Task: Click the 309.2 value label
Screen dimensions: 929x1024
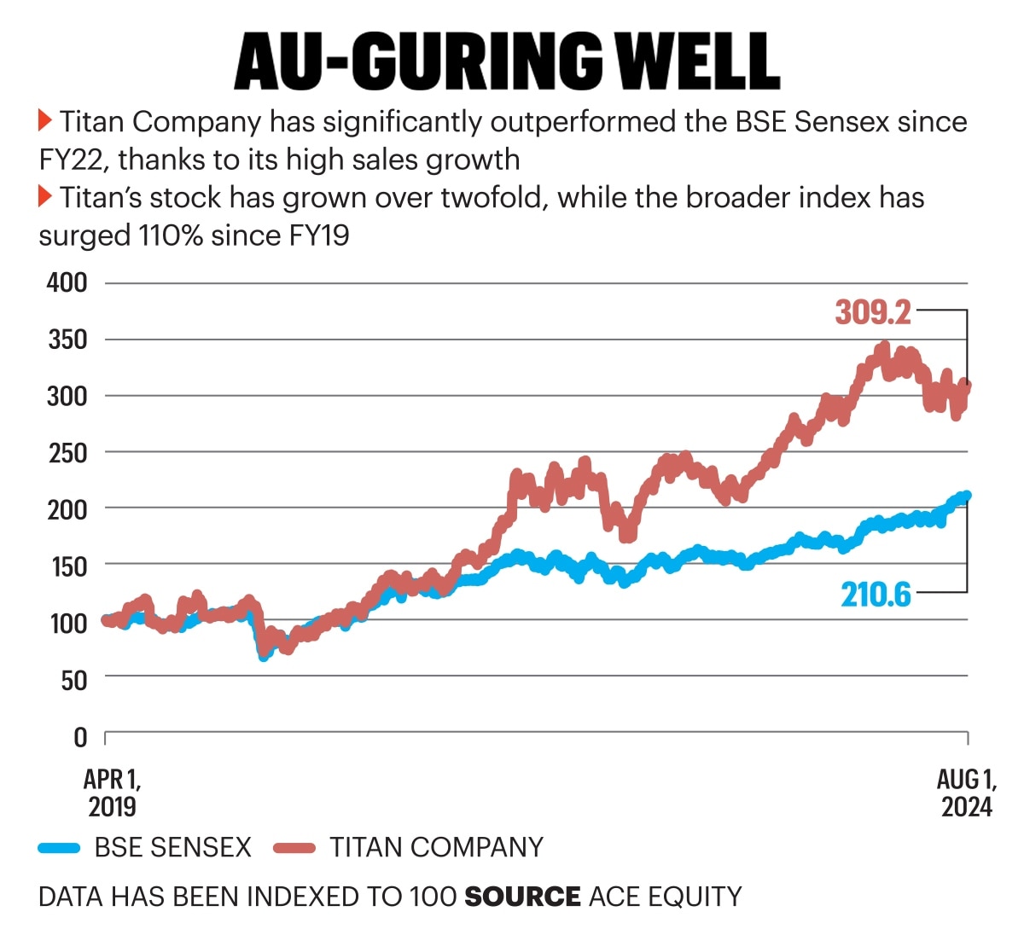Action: pos(873,312)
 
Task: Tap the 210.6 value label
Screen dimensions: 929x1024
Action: pos(876,594)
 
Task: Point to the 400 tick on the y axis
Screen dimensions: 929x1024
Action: pos(67,282)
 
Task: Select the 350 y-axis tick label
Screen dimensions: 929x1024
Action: pos(67,340)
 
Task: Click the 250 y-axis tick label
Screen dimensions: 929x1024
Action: pos(67,452)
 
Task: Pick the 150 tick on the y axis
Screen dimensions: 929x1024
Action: pos(67,566)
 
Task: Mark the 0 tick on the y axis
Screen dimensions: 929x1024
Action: pos(79,736)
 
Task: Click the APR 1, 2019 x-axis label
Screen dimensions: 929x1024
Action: pos(112,793)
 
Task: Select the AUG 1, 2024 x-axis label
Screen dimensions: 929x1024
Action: pos(966,793)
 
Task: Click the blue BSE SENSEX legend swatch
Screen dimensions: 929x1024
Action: pos(60,848)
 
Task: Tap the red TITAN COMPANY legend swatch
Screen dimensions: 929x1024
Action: pos(294,848)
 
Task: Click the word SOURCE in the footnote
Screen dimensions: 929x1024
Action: pos(522,897)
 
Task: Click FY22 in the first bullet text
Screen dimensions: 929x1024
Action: pos(72,160)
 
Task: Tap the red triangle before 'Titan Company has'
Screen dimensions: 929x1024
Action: pos(46,120)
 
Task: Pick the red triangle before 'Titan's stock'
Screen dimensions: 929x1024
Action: pos(46,197)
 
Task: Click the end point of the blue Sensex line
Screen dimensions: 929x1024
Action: pos(966,496)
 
